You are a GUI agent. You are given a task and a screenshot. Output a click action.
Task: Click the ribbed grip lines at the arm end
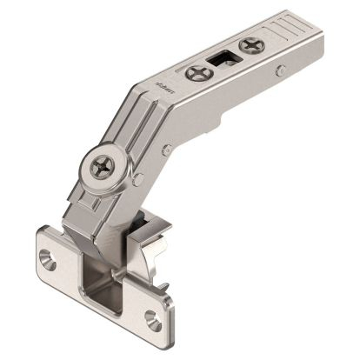(294, 23)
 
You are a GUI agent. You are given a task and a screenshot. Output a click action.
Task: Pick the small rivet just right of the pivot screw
(139, 178)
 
